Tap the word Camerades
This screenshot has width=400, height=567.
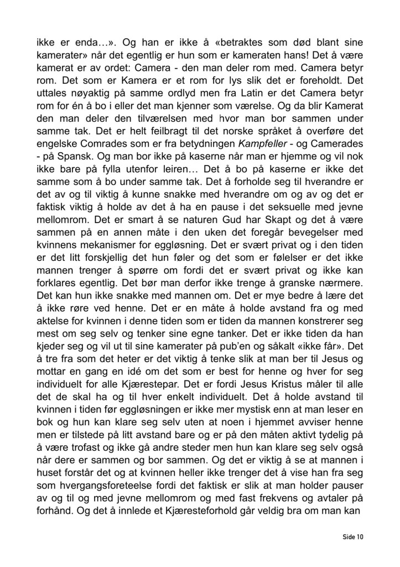coord(336,128)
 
